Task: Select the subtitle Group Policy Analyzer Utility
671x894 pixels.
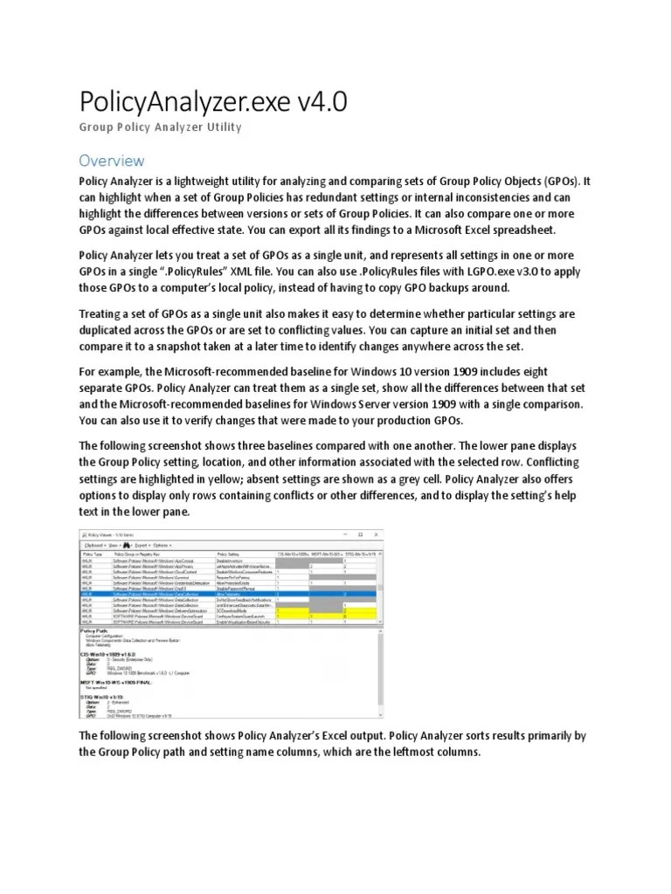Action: click(160, 127)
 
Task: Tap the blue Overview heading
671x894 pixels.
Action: click(111, 161)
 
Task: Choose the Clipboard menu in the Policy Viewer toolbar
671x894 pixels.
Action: click(94, 545)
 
